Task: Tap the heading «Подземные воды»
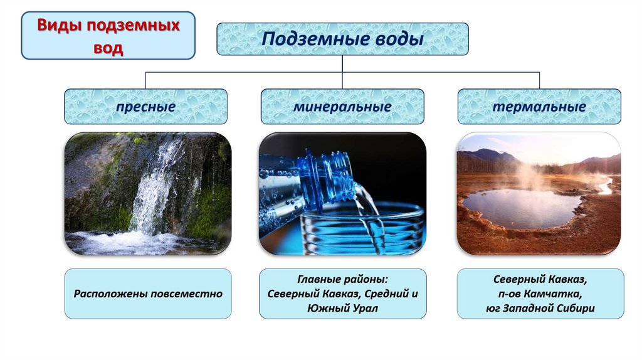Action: (342, 39)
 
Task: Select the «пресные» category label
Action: (145, 107)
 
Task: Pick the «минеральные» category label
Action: (342, 107)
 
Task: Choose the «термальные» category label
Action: (539, 107)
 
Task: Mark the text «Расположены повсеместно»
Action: (148, 294)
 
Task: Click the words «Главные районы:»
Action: (342, 279)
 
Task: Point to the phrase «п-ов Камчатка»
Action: (540, 294)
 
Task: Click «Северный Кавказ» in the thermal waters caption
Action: (540, 279)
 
